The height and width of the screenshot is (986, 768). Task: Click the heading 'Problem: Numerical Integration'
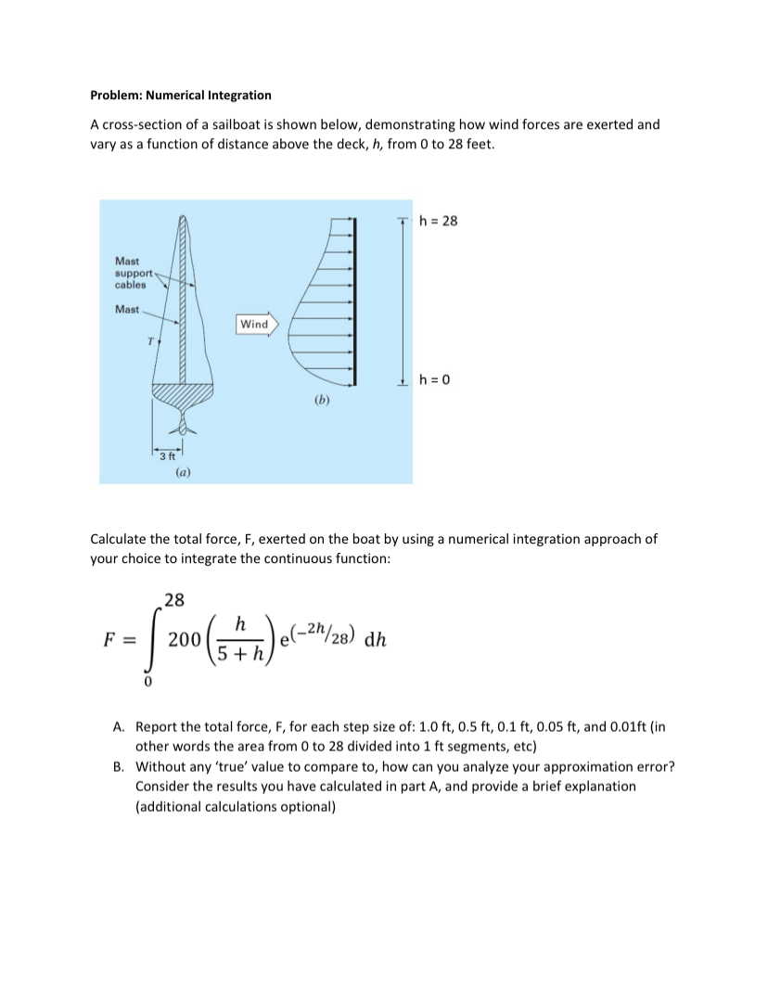181,95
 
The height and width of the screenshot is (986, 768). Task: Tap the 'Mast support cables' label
129,273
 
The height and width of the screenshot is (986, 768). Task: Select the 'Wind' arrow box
254,324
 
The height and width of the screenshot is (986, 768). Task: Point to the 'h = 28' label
439,221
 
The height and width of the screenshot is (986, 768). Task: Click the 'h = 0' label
435,379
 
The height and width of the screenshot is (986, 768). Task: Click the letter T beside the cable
148,342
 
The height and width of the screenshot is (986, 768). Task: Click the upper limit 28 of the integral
173,599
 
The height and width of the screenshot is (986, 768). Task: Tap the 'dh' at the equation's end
376,639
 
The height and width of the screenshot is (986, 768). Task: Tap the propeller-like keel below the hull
183,427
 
